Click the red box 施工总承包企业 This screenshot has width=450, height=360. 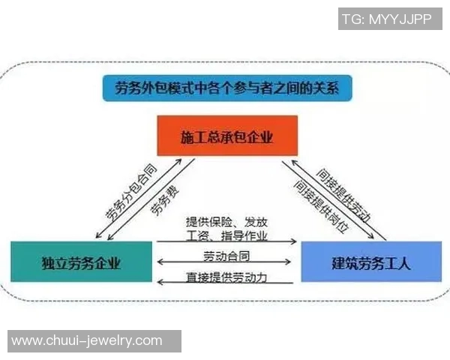coord(227,136)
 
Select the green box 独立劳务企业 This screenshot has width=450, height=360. coord(81,262)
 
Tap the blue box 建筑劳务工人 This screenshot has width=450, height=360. coord(371,262)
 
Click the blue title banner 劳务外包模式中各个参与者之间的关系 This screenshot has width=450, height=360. coord(227,88)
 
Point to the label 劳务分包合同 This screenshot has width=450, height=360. coord(131,192)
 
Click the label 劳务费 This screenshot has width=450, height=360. coord(165,201)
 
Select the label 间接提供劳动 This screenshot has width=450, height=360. coord(343,196)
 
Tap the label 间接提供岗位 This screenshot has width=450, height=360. coord(322,207)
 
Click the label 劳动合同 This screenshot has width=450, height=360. coord(226,256)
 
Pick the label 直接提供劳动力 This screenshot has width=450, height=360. coord(226,277)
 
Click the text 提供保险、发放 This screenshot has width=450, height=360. coord(226,222)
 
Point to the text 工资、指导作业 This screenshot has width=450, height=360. coord(226,236)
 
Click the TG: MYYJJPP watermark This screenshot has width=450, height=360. coord(390,19)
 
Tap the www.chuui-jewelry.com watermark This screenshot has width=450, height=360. coord(94,341)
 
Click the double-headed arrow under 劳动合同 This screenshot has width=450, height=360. coord(224,262)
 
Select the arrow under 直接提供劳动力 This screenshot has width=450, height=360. coord(225,283)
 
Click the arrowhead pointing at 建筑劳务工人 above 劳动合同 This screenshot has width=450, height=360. coord(293,241)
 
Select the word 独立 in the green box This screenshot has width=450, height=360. coord(51,263)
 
